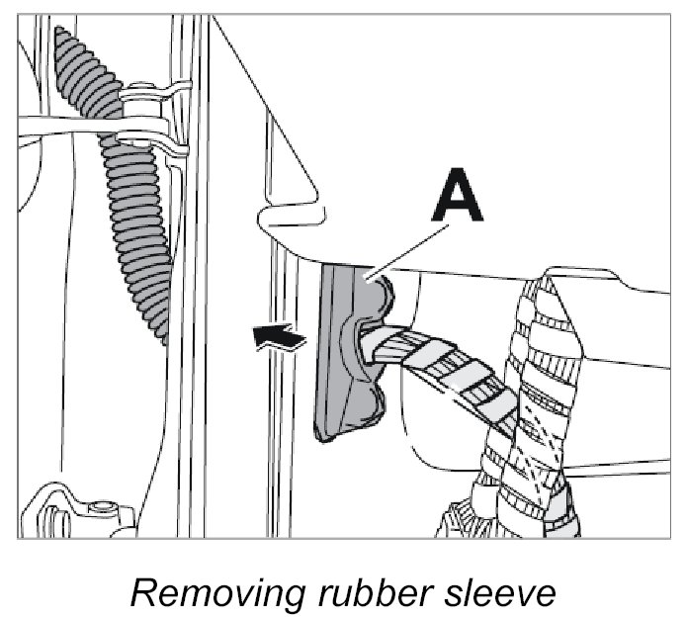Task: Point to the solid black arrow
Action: click(279, 339)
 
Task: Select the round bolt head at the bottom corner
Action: click(98, 509)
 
